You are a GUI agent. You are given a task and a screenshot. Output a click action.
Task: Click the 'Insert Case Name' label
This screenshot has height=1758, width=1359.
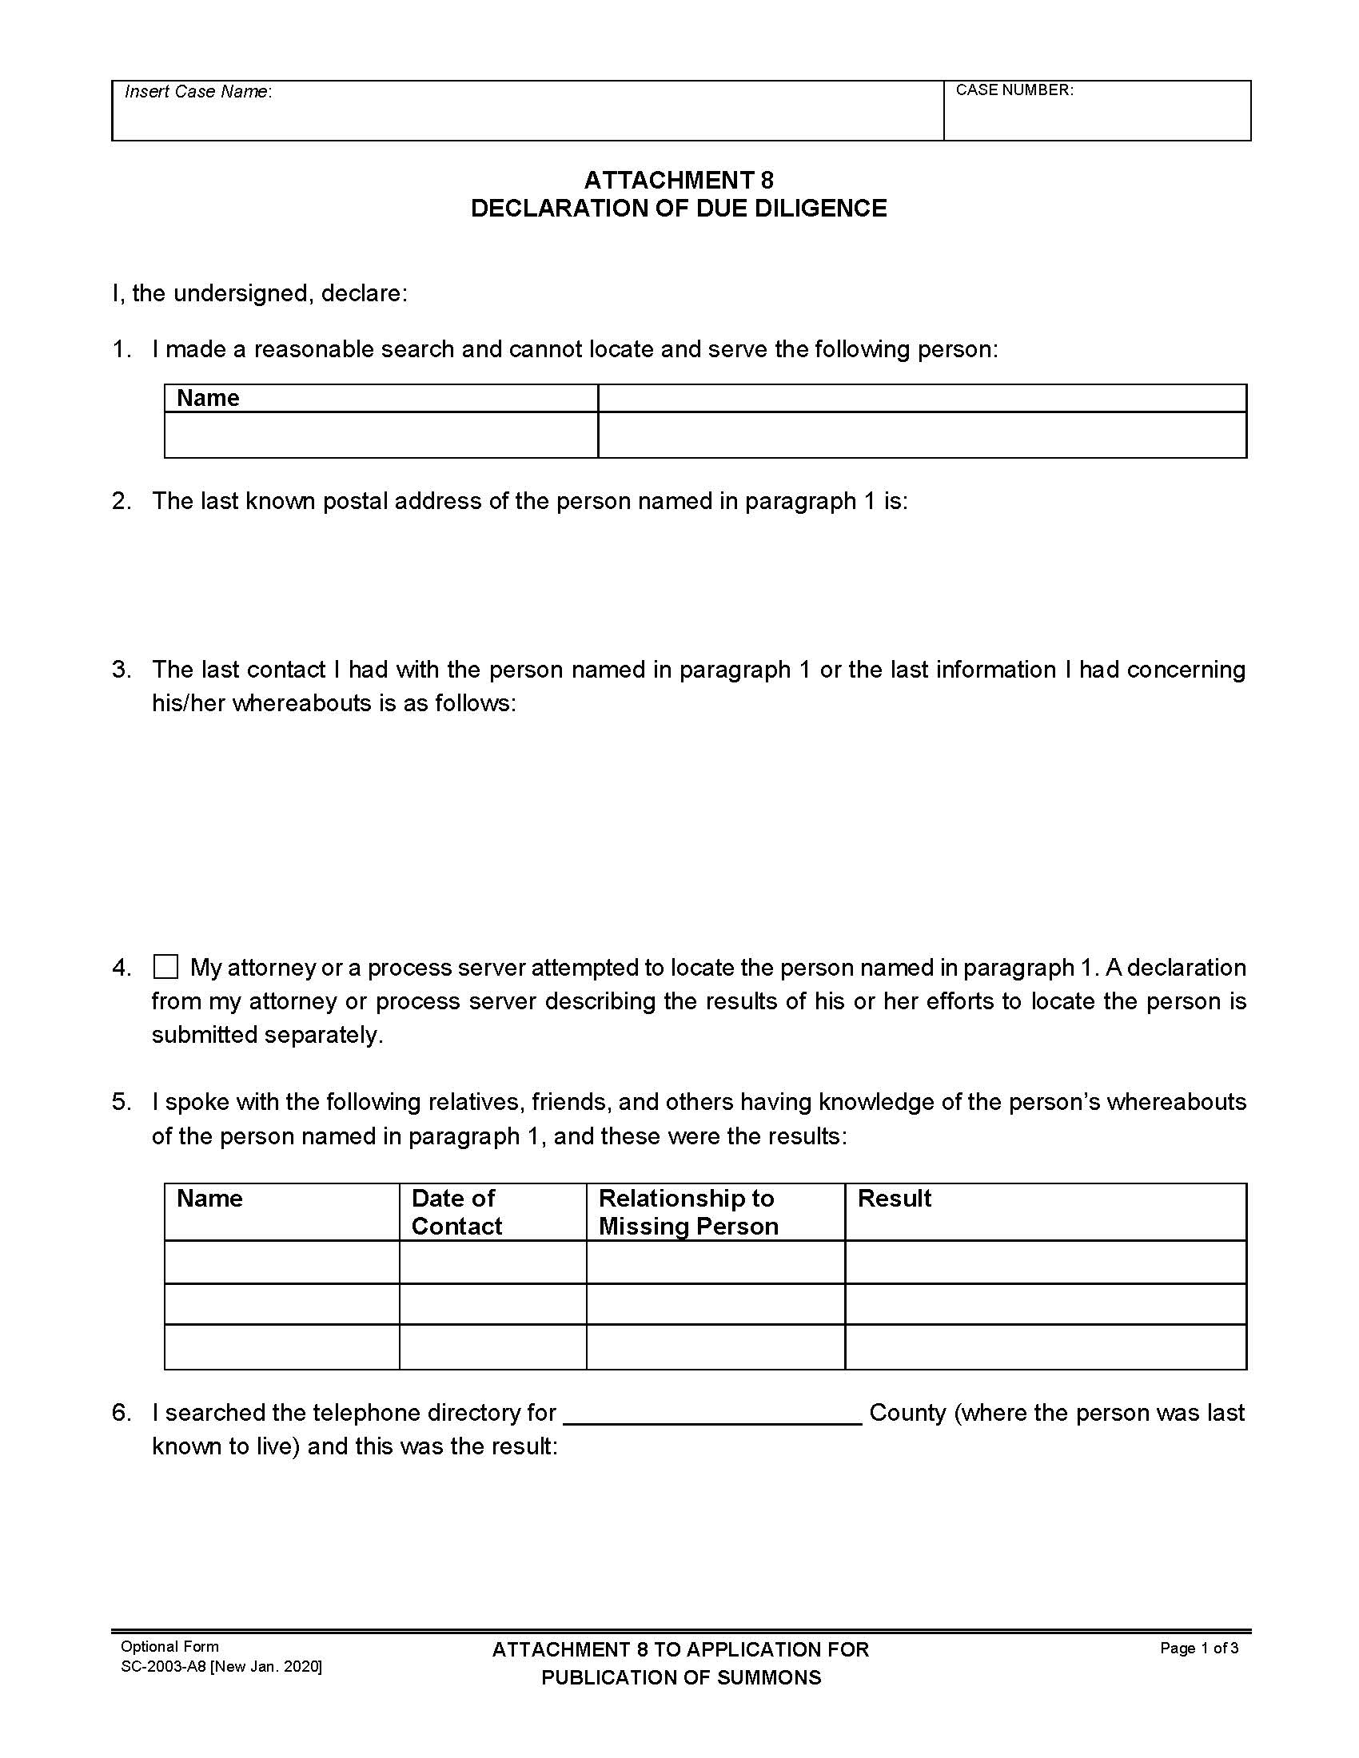(198, 92)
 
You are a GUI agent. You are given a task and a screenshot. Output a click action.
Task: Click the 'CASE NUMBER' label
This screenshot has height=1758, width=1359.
(1014, 90)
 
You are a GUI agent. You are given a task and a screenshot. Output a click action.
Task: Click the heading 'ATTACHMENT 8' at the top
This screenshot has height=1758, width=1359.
(679, 180)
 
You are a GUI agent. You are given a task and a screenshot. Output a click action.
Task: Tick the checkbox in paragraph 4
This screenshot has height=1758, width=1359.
(165, 967)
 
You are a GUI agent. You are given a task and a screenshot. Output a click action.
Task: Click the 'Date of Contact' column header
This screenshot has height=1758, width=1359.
(456, 1211)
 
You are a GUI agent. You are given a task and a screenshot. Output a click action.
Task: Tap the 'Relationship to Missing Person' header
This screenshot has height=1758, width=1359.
(688, 1211)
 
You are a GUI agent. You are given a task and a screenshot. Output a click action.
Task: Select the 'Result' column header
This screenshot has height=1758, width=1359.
(894, 1199)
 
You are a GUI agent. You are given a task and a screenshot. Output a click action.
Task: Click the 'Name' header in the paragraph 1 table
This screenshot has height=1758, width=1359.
(208, 399)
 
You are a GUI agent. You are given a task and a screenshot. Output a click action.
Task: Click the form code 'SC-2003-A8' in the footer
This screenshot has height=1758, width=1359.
(164, 1666)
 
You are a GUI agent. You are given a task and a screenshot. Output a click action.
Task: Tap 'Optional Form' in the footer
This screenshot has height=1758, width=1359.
(169, 1647)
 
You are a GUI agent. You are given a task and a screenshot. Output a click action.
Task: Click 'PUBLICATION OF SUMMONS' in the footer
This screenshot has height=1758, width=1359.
(681, 1677)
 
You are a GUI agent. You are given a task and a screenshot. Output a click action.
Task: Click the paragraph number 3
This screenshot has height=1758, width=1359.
(122, 670)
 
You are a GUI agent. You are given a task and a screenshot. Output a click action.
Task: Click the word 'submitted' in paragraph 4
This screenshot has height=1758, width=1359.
(205, 1035)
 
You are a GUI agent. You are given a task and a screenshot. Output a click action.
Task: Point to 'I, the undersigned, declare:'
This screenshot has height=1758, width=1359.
(259, 293)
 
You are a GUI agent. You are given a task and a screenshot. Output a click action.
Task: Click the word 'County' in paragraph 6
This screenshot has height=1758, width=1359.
(907, 1413)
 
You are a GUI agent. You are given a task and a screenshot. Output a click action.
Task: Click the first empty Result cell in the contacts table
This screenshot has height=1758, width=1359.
(1045, 1261)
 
